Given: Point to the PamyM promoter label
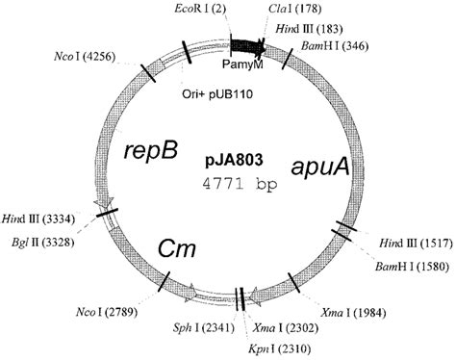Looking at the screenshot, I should click(252, 63).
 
